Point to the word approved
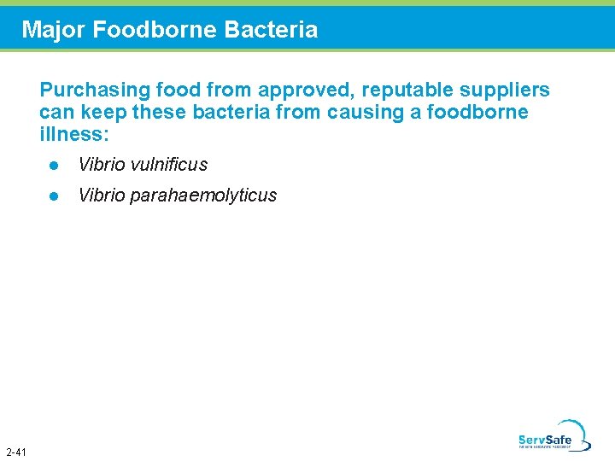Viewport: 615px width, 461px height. click(x=296, y=90)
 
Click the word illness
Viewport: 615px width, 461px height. click(x=73, y=135)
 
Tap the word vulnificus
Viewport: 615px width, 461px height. click(x=168, y=165)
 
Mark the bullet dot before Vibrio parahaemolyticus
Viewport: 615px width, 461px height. click(x=53, y=195)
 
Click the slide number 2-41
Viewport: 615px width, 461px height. click(x=15, y=452)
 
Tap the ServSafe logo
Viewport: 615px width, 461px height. click(x=553, y=436)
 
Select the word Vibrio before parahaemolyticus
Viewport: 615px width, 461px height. click(x=100, y=195)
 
